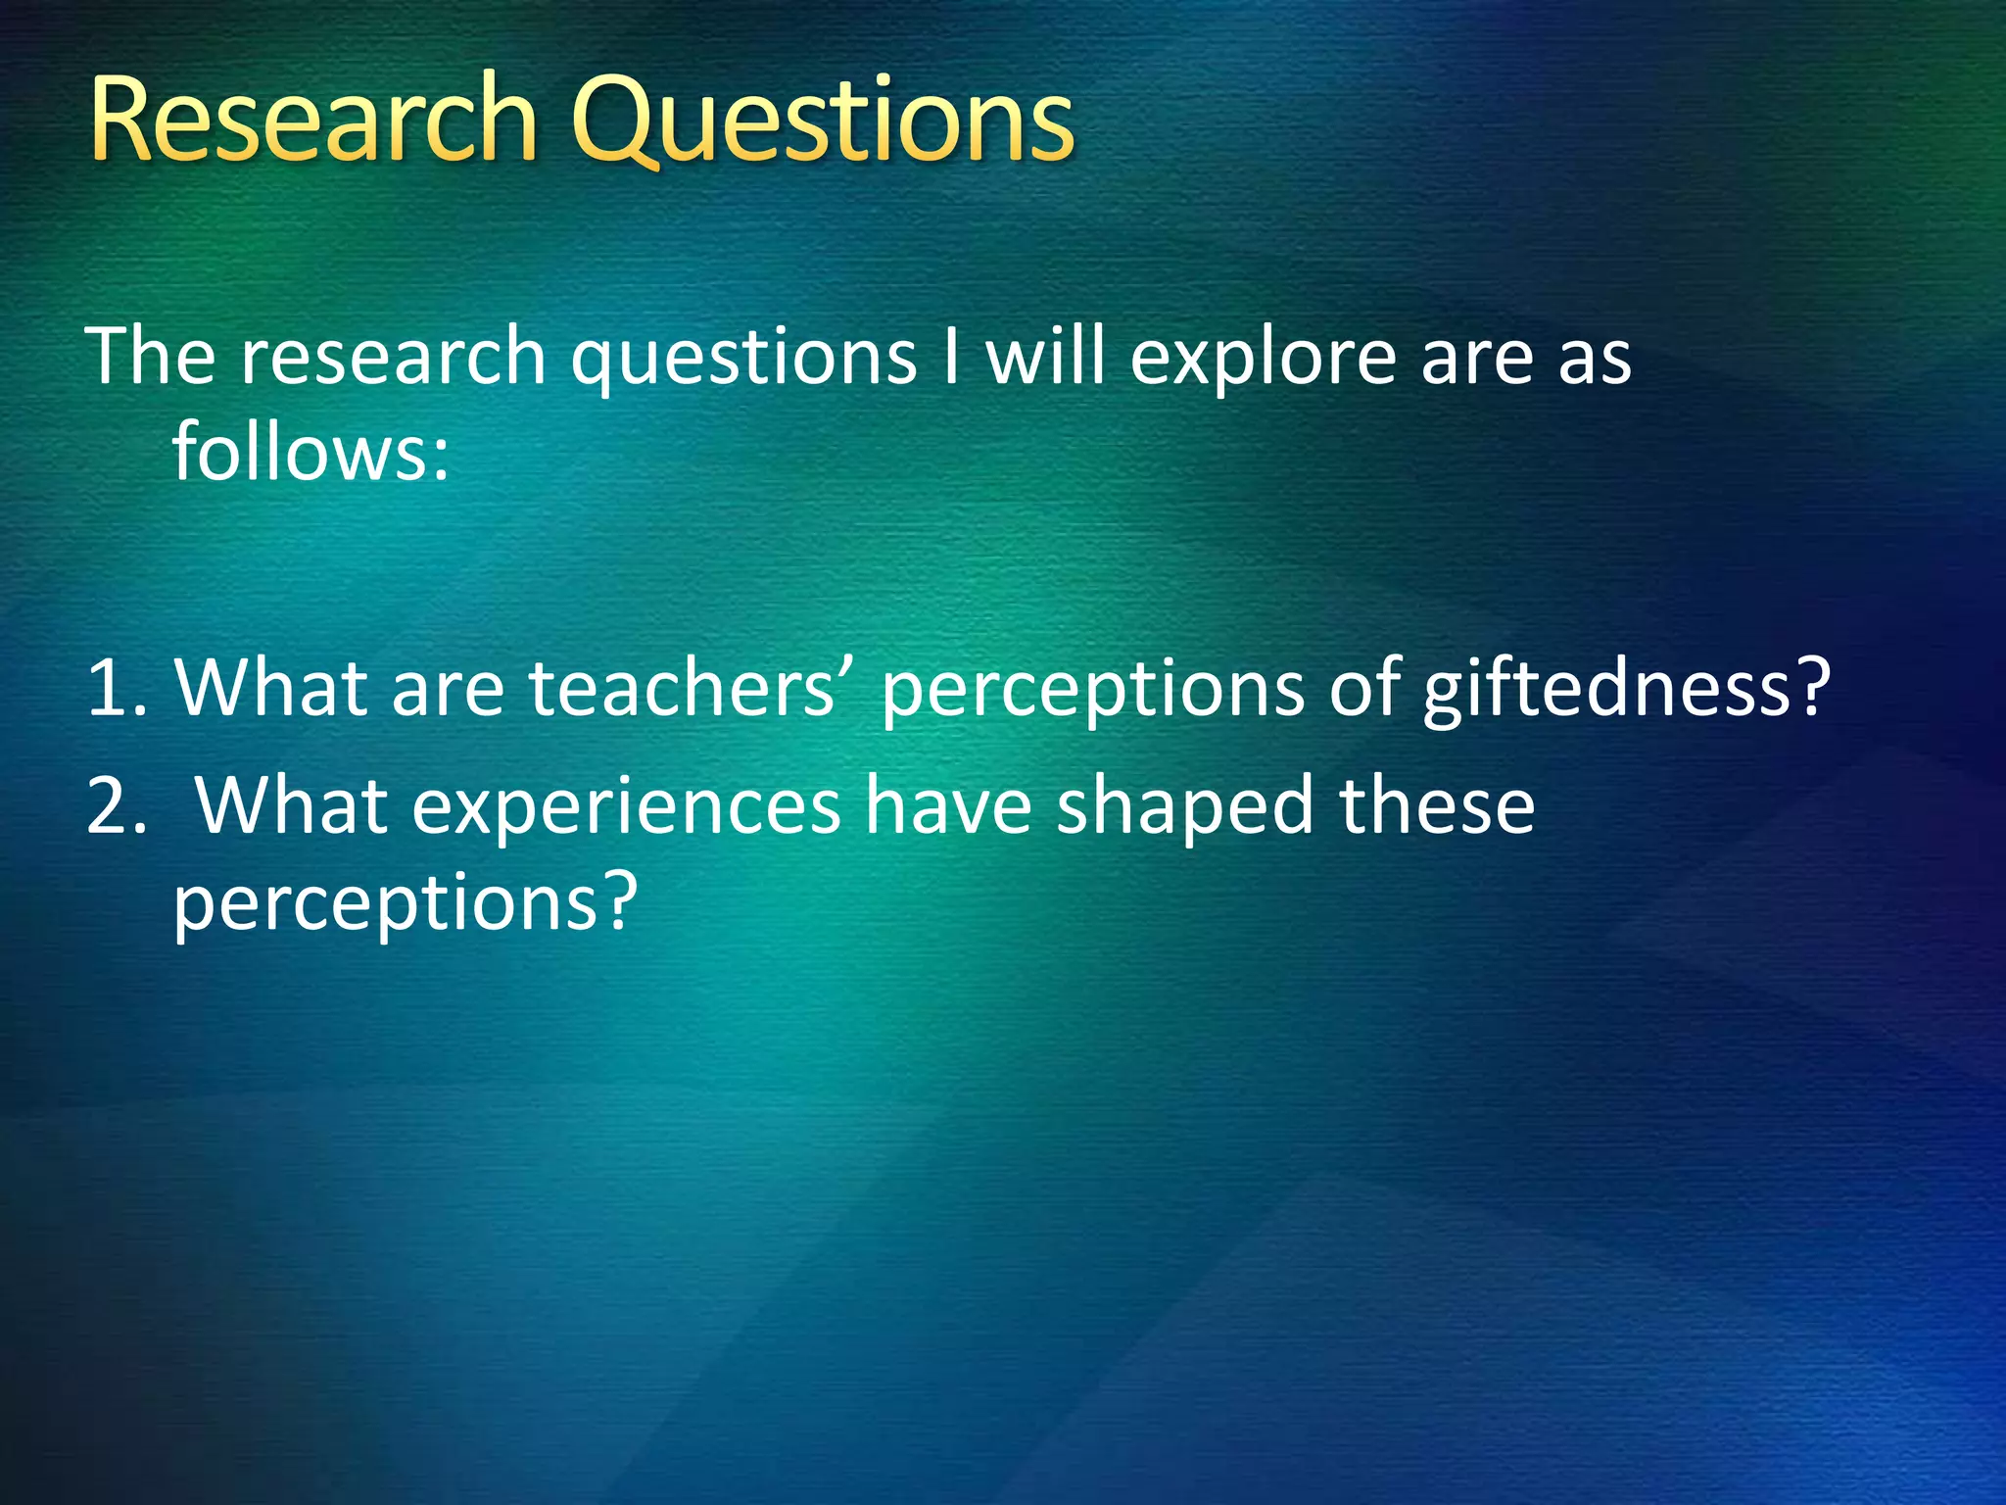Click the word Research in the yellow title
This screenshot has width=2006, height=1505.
pyautogui.click(x=313, y=120)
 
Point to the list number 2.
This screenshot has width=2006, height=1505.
pyautogui.click(x=115, y=805)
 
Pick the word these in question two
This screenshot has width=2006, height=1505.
pyautogui.click(x=1436, y=805)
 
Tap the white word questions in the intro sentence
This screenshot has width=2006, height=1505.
pyautogui.click(x=743, y=359)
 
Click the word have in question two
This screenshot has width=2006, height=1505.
pyautogui.click(x=948, y=805)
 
